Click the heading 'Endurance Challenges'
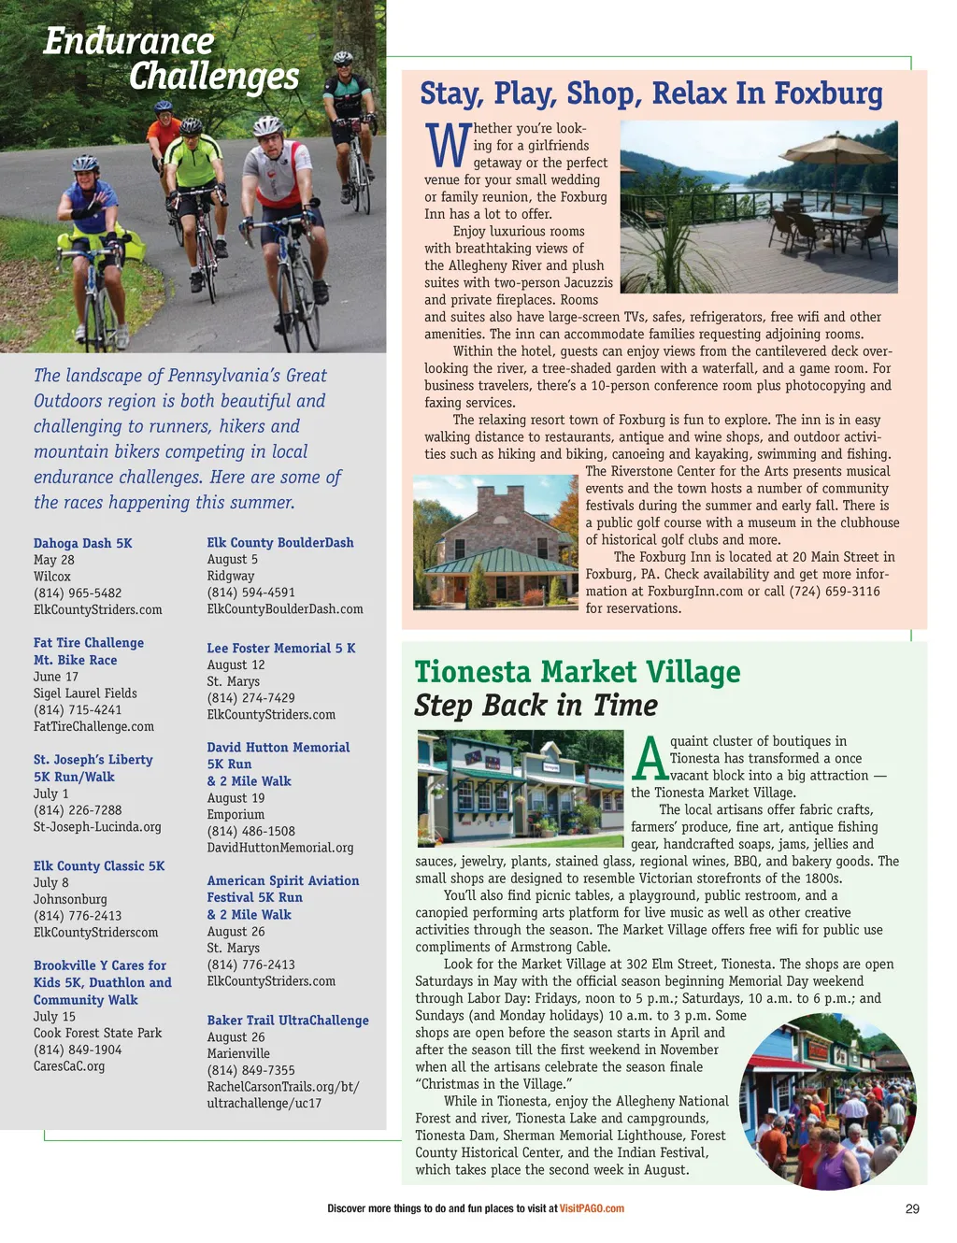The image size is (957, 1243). coord(172,59)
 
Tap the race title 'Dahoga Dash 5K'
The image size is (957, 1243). coord(83,543)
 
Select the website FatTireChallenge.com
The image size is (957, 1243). coord(93,726)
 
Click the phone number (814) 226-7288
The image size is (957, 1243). coord(78,810)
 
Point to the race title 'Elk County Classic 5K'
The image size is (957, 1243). coord(99,866)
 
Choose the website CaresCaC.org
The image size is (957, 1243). coord(69,1066)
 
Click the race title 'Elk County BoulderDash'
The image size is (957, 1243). coord(280,543)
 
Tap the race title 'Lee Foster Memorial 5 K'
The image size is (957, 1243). coord(281,649)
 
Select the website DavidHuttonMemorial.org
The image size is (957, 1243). coord(280,848)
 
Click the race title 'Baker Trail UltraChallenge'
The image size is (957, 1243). coord(288,1021)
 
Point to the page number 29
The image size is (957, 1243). coord(912,1208)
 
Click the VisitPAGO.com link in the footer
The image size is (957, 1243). coord(592,1208)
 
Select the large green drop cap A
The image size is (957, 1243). coord(650,759)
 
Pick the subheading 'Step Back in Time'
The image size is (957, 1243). coord(536,706)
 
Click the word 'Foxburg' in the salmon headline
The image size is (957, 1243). coord(828,93)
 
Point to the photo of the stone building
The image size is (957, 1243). coord(496,542)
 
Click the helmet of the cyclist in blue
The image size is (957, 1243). coord(85,164)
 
